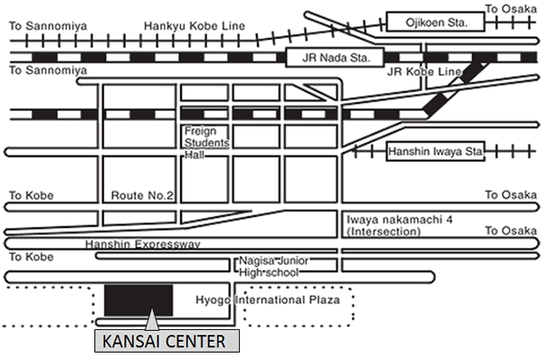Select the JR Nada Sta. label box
(329, 58)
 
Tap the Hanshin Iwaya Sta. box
(435, 153)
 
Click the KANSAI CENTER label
(167, 342)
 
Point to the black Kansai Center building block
(138, 299)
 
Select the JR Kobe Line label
(417, 71)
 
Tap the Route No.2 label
(140, 195)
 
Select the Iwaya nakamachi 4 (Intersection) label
(384, 225)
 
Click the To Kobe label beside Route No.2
(30, 195)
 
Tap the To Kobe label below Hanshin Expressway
(30, 258)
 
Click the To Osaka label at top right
(505, 9)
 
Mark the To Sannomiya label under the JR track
(48, 70)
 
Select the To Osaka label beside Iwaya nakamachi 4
(505, 232)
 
